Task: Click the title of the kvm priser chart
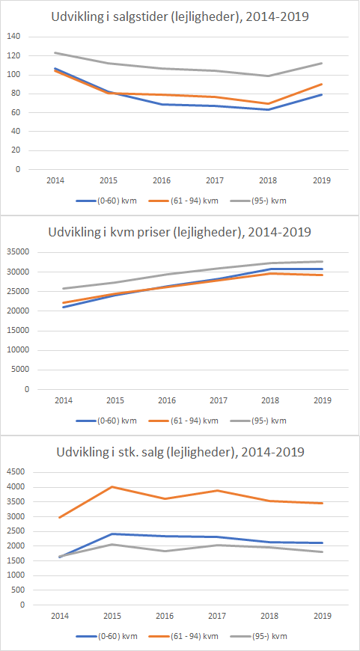[x=180, y=232]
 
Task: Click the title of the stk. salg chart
[x=180, y=451]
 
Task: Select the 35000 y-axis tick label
[x=18, y=252]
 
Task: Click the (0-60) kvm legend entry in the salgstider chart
[x=106, y=201]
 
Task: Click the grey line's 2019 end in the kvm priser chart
[x=323, y=262]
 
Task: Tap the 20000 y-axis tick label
[x=18, y=311]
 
